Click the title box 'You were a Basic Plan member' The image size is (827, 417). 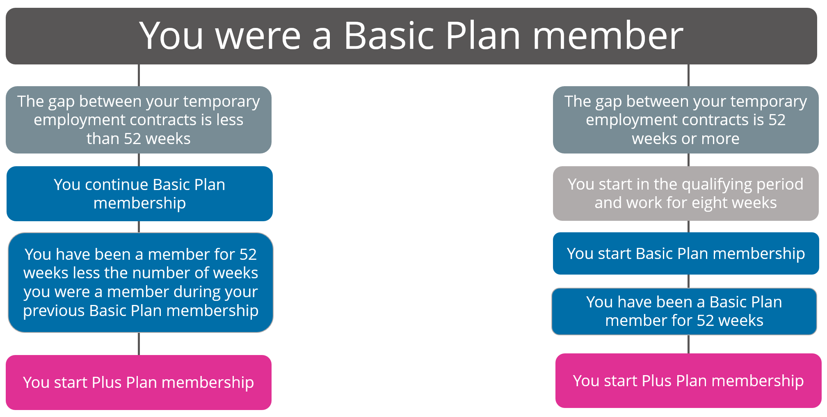pos(411,36)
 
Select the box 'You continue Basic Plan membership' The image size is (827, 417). pos(139,194)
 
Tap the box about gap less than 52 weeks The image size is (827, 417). pos(139,120)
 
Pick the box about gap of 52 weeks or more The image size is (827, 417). pos(686,120)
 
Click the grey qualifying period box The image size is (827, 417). pos(686,193)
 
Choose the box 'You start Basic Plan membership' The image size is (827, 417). pos(686,253)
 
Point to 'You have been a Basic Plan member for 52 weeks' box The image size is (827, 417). pos(684,312)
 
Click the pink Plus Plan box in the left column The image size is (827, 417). pos(139,383)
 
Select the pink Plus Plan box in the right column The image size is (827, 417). pos(688,381)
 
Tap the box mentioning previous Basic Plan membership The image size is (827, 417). pos(141,282)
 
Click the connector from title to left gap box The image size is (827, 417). pos(139,75)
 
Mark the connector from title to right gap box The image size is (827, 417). pos(688,75)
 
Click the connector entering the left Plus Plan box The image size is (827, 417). pos(139,344)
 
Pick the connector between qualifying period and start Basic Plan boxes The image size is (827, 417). pos(688,227)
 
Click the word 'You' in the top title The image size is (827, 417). pos(171,36)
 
